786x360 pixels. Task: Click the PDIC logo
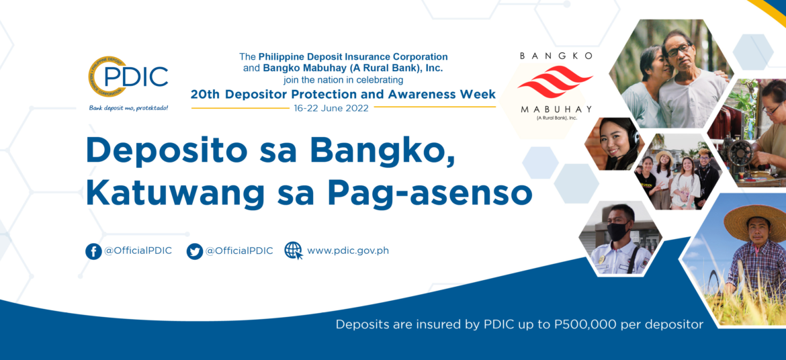(128, 78)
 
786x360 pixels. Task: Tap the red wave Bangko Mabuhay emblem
(555, 81)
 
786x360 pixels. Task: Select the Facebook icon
(94, 251)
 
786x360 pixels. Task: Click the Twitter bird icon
(195, 251)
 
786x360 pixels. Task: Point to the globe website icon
(294, 251)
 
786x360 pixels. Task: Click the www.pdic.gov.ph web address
(348, 251)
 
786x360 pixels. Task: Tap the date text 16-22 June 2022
(331, 108)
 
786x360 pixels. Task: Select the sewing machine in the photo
(738, 153)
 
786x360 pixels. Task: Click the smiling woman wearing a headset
(615, 144)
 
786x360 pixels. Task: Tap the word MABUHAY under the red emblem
(556, 109)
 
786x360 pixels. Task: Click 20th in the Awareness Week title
(206, 94)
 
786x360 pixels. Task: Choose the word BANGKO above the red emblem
(556, 56)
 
